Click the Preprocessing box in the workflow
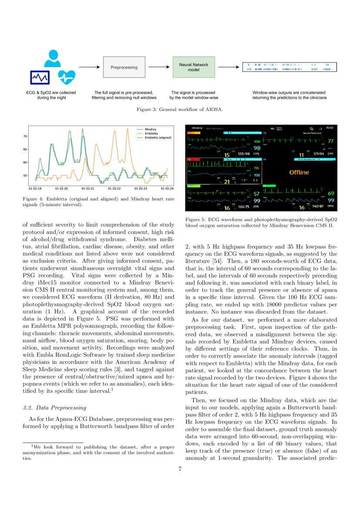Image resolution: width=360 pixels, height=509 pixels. click(124, 67)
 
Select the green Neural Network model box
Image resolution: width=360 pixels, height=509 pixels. click(194, 67)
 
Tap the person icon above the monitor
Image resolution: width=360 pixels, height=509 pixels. click(52, 58)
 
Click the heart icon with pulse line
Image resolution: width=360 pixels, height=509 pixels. click(67, 77)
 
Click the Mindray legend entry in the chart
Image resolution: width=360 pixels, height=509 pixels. click(151, 129)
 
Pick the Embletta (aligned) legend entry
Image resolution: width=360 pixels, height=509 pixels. click(158, 137)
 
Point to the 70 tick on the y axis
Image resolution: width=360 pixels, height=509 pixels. click(25, 136)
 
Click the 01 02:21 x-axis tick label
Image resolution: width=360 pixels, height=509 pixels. click(88, 189)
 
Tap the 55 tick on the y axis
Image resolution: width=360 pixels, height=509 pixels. click(25, 175)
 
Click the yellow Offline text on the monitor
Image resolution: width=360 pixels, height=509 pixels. click(299, 172)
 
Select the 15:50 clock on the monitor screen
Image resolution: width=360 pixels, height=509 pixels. click(330, 128)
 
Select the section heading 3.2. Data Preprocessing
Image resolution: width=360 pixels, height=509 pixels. click(54, 408)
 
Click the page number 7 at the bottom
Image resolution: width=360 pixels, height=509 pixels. click(180, 469)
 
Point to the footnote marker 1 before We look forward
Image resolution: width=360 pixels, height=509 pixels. click(32, 445)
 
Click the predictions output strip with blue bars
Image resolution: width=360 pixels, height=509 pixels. click(289, 67)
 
